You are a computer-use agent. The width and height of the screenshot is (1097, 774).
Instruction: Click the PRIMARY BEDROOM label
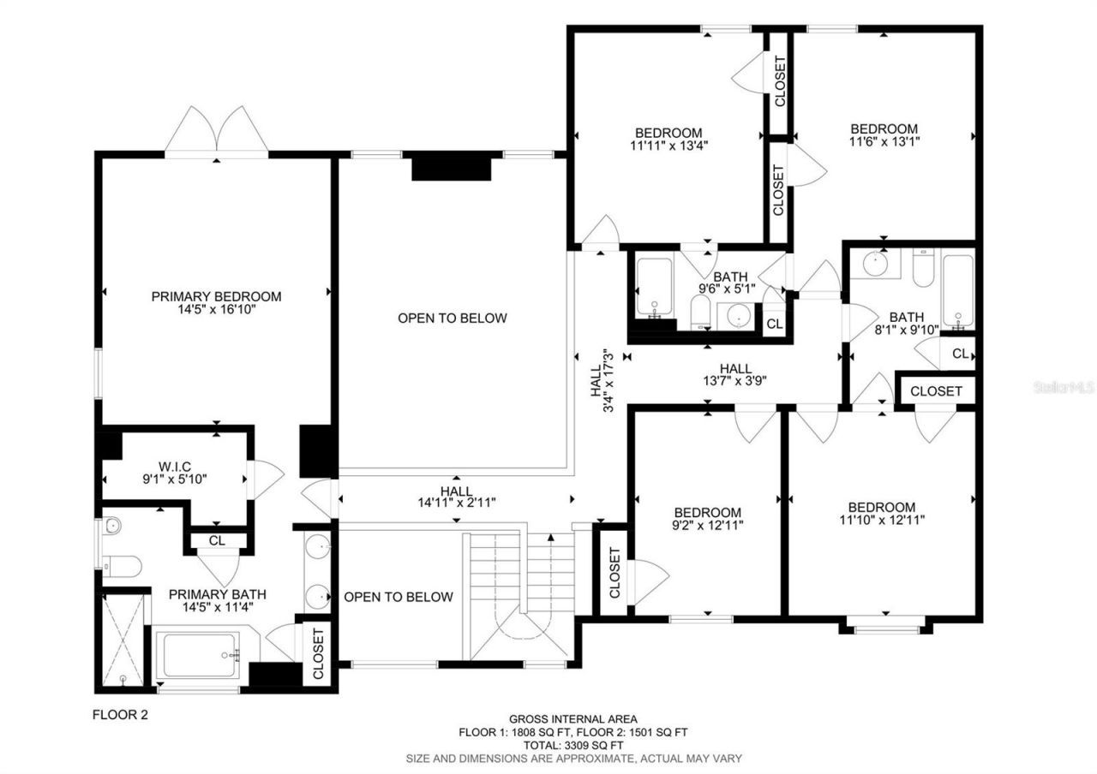tap(216, 296)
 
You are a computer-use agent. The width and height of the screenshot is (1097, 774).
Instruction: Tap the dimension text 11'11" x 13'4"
tap(668, 146)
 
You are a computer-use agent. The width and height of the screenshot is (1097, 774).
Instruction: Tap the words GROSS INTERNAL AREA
tap(572, 719)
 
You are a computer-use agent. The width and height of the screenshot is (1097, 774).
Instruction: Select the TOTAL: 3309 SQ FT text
tap(572, 745)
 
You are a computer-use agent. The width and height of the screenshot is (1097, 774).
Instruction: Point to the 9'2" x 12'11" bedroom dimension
tap(707, 524)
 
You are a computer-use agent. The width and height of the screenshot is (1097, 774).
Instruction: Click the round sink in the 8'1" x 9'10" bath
tap(875, 263)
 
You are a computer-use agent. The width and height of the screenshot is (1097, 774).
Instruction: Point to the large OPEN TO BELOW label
tap(452, 319)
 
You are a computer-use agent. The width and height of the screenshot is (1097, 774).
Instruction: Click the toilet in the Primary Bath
tap(122, 564)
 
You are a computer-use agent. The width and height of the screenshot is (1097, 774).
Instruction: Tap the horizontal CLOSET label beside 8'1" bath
tap(936, 391)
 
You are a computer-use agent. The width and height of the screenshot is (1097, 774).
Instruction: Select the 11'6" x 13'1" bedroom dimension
tap(884, 141)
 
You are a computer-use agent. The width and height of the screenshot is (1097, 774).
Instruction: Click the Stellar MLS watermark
tap(1064, 388)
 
